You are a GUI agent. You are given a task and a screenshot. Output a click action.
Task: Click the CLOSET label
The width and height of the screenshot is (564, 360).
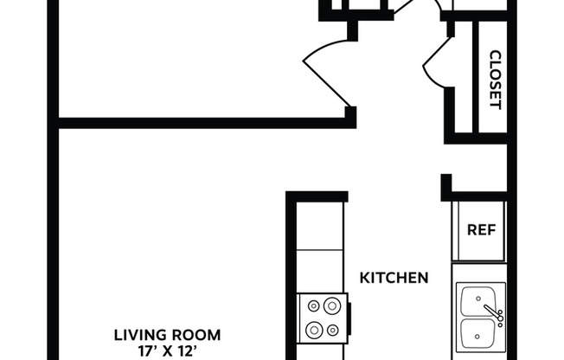pos(496,80)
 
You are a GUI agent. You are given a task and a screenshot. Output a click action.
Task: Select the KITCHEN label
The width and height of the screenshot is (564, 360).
pos(394,278)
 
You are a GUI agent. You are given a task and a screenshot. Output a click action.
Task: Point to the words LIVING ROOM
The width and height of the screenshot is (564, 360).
pos(169,334)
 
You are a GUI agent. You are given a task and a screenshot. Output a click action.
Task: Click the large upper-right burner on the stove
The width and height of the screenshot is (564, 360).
pos(330,305)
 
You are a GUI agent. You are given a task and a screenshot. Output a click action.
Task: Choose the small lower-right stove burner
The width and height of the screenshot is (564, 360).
pos(331,329)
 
